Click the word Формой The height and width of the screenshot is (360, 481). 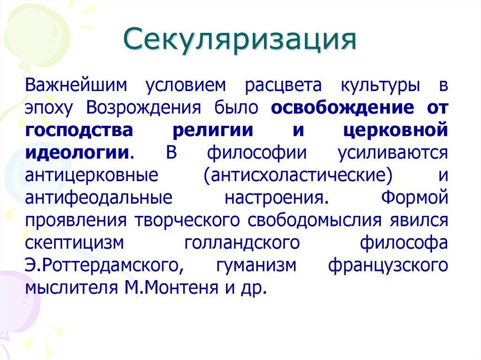[414, 197]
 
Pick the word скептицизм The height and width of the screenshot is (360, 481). [75, 242]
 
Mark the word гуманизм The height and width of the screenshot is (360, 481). [256, 264]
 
